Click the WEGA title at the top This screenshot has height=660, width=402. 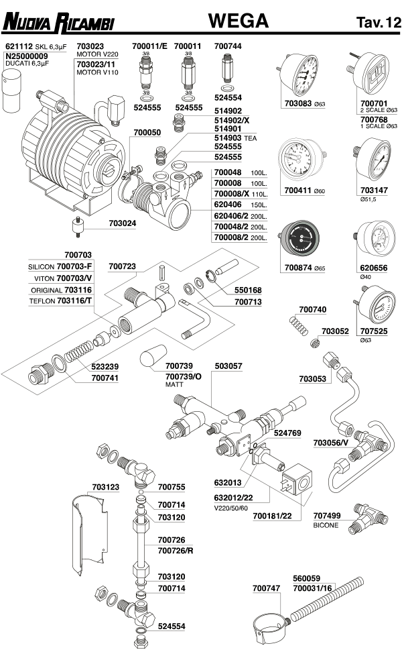[x=238, y=21]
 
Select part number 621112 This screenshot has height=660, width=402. [x=19, y=46]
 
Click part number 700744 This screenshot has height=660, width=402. [x=227, y=46]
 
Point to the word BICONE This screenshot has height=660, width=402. [x=326, y=525]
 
